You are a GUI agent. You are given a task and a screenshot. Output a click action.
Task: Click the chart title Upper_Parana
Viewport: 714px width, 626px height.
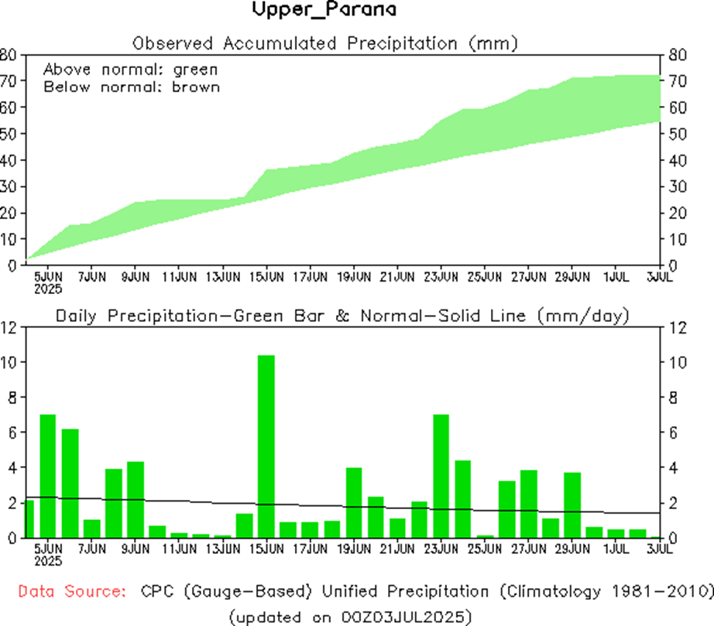click(x=324, y=10)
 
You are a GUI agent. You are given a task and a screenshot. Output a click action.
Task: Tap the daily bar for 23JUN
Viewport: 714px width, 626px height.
click(x=441, y=476)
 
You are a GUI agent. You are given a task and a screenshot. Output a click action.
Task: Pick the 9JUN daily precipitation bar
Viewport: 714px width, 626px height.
click(x=136, y=499)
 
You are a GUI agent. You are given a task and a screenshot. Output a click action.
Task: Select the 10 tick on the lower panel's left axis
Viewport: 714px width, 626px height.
click(x=9, y=362)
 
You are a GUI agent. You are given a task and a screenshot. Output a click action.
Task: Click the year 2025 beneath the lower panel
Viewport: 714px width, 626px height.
click(x=49, y=559)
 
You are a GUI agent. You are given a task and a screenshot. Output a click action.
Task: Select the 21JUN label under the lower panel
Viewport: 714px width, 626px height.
click(x=398, y=549)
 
